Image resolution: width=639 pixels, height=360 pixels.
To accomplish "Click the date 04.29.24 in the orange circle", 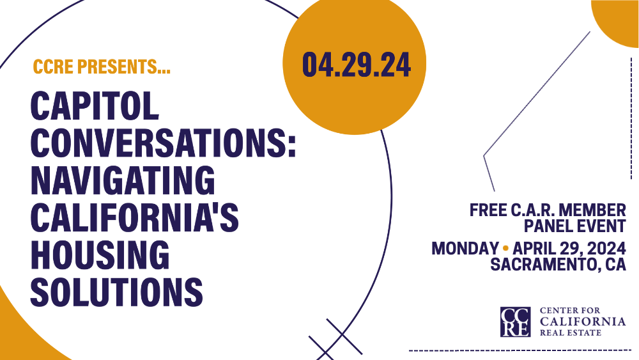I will [x=356, y=65].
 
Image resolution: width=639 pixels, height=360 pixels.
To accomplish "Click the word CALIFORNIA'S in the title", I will [x=135, y=218].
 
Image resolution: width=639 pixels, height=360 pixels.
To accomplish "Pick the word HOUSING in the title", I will [x=100, y=254].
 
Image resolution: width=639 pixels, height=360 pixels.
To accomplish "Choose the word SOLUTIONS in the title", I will [x=116, y=291].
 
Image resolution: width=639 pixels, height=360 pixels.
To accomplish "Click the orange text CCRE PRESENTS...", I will [x=102, y=67].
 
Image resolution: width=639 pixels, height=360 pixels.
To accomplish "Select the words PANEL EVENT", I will [x=574, y=226].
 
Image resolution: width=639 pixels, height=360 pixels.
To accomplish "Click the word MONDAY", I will [x=465, y=248].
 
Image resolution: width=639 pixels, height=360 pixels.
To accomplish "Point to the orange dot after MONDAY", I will [x=505, y=247].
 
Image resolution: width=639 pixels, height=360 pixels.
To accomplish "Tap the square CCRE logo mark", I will [x=515, y=322].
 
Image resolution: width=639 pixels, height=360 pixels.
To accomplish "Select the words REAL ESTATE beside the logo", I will [x=573, y=333].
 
